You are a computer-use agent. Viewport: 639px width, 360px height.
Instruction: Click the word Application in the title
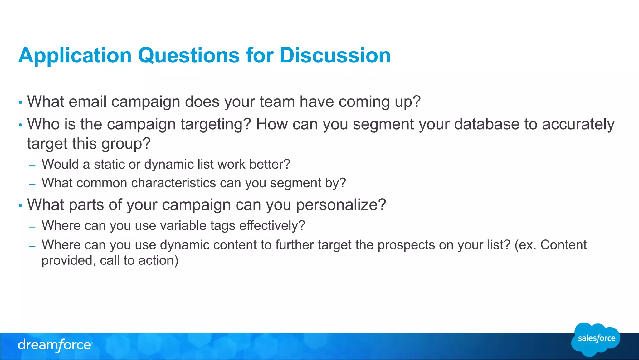coord(75,56)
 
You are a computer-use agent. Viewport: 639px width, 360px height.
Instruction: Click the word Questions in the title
coord(188,56)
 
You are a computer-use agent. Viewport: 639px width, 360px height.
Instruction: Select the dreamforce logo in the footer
coord(55,345)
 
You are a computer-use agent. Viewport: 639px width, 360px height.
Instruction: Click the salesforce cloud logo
coord(596,339)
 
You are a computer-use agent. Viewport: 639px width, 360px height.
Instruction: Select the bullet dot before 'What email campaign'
coord(21,103)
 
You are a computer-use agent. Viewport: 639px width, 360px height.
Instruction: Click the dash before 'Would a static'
coord(32,166)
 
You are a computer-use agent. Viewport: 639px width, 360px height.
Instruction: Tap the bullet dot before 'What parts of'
coord(21,206)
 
